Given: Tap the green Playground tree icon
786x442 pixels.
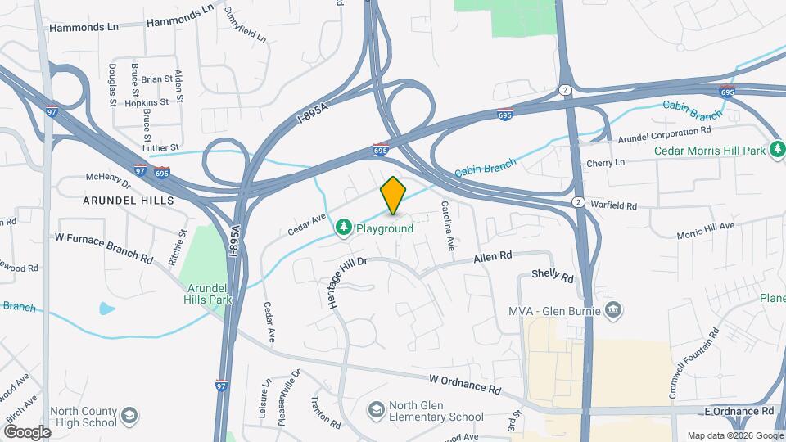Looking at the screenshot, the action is (345, 225).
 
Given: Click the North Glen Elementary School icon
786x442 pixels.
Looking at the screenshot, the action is (376, 408).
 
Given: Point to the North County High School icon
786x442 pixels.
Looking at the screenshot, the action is (129, 416).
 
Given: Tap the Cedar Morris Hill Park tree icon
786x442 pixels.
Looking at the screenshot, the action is (777, 151).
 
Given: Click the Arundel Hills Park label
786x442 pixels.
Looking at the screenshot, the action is (209, 294).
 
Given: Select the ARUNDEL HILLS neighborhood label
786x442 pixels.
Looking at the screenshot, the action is (129, 200).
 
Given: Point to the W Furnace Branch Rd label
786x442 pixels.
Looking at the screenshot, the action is (103, 247).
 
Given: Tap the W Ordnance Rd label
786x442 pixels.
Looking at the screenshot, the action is (464, 383).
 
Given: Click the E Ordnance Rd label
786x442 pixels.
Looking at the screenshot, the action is (738, 410).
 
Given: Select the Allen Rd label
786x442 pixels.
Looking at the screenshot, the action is (493, 257).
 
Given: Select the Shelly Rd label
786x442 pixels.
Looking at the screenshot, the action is (553, 277).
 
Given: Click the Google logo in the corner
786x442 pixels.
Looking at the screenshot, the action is (27, 432).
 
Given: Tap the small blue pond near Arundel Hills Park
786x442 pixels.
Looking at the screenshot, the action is (106, 309).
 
